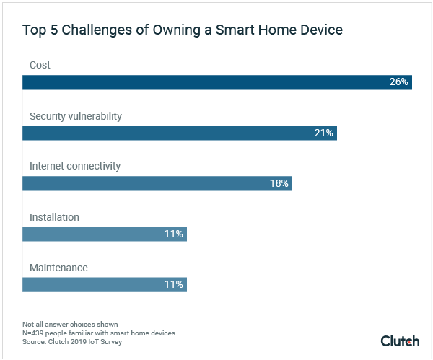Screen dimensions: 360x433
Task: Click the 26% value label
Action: [398, 82]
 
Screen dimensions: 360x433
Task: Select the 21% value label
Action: [323, 133]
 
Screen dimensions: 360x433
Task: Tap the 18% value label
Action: [279, 183]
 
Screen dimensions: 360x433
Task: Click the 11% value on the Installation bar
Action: [173, 234]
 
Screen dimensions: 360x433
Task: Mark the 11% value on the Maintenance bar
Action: [173, 284]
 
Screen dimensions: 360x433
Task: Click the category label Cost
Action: [40, 66]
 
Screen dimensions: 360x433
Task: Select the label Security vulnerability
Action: [76, 116]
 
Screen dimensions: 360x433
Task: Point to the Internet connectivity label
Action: [74, 167]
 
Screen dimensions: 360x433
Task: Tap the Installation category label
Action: [54, 217]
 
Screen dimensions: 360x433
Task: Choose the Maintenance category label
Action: [58, 268]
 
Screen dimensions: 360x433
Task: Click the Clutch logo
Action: [401, 341]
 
